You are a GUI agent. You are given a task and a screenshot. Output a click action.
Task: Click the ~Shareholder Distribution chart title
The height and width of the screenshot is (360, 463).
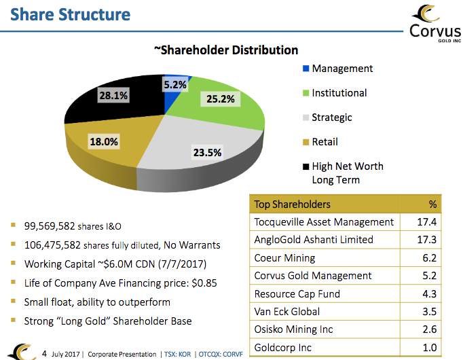(225, 50)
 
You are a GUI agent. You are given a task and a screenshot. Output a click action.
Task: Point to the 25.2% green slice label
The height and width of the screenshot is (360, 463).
(221, 99)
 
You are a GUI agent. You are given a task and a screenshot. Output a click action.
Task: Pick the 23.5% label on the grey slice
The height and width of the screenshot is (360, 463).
(207, 152)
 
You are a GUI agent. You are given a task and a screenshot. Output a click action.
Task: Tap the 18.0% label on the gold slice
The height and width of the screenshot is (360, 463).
(104, 142)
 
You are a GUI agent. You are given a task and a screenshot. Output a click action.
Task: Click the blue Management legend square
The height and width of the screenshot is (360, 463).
(305, 69)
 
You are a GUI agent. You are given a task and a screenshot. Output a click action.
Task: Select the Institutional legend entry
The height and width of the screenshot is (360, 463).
(339, 93)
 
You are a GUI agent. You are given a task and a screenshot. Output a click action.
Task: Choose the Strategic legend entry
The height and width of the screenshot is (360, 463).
(331, 118)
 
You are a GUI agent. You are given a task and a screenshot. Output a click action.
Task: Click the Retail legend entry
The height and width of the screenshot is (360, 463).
(325, 142)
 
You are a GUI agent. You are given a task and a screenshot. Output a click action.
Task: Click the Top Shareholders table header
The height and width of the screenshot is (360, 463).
(292, 204)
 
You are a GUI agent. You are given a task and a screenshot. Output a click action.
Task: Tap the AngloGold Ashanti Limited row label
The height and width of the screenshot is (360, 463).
(314, 239)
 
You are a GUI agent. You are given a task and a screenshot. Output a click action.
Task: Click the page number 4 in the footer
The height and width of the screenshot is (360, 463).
(44, 353)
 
